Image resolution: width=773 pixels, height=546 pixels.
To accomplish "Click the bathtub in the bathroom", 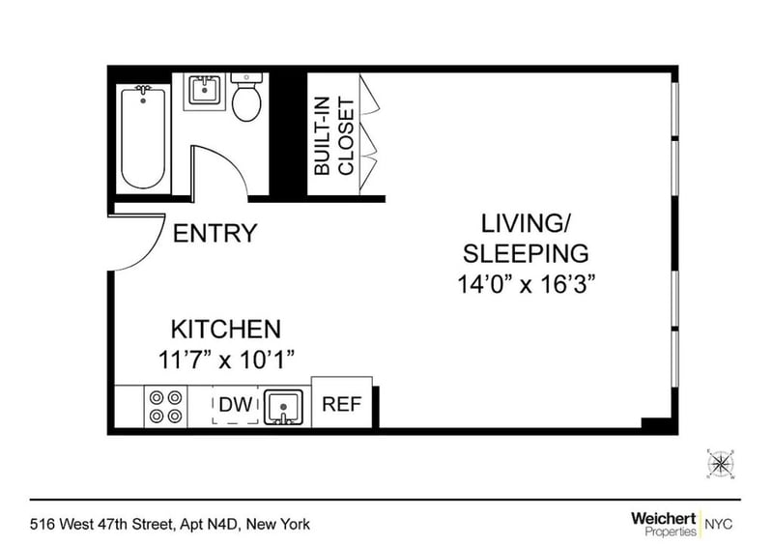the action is click(x=143, y=138).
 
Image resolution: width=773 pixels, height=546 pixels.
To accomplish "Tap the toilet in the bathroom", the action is click(x=246, y=98).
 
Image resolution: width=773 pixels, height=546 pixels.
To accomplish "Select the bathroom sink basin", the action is click(x=204, y=91).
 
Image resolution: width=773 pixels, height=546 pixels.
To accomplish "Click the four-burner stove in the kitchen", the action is click(x=165, y=407).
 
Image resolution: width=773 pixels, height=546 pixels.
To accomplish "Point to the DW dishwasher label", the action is click(x=235, y=405).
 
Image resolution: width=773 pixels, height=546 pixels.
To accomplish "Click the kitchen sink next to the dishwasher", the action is click(x=283, y=407).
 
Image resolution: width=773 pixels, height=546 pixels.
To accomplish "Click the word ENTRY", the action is click(x=215, y=233).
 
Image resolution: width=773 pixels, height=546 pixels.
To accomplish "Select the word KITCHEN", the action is click(x=226, y=329).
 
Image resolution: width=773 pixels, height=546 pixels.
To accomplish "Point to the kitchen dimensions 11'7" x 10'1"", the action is click(x=226, y=360).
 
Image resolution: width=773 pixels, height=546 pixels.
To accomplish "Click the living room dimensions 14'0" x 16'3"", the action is click(x=526, y=284).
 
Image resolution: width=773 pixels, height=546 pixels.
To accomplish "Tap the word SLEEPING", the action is click(x=526, y=253).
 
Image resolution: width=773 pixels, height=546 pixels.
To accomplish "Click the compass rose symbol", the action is click(x=720, y=464).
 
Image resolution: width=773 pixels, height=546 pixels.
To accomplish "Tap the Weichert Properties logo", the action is click(x=664, y=524).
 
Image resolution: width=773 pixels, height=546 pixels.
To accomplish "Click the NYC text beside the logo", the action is click(x=719, y=524).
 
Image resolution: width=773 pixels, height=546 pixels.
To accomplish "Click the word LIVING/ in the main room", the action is click(x=526, y=223).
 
